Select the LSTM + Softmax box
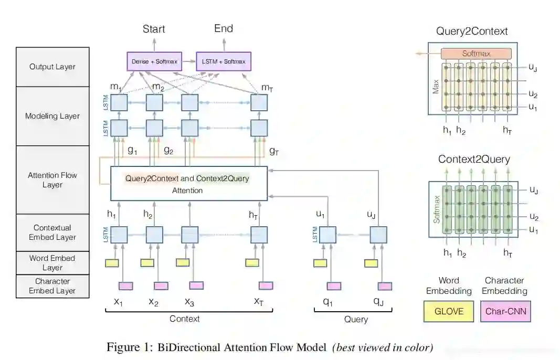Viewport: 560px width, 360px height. pos(224,61)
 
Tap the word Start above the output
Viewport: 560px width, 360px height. pos(154,29)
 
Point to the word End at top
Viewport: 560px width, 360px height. pos(224,28)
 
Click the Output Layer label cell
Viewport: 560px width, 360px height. pos(52,67)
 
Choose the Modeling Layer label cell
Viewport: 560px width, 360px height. pos(52,116)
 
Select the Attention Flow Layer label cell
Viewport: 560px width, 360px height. pos(52,179)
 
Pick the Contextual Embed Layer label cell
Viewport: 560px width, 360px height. pos(52,232)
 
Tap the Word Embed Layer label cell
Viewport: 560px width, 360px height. pos(52,262)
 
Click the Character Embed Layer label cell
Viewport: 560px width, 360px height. pos(52,286)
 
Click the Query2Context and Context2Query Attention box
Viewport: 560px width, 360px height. pos(187,184)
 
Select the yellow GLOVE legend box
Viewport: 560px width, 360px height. pos(449,311)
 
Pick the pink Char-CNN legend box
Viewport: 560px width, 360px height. pos(504,311)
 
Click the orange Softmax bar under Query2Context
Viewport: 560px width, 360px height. pos(476,54)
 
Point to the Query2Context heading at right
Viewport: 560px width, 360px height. pos(472,31)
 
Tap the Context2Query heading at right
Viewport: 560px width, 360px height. pos(474,159)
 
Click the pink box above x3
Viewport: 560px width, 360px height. pos(196,285)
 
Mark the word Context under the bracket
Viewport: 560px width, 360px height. pos(184,319)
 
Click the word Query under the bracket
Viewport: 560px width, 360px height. pos(356,319)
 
